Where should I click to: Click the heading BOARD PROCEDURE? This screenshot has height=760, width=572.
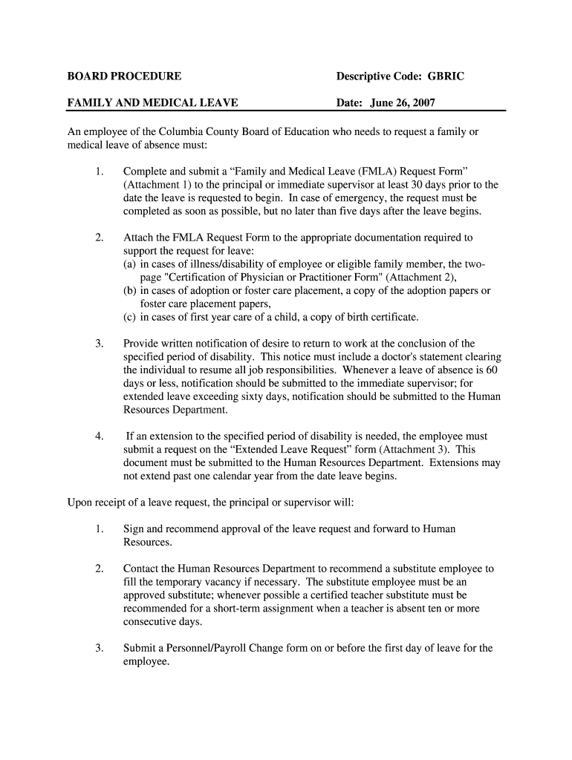point(124,76)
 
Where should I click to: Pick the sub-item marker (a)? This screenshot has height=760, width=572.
point(130,265)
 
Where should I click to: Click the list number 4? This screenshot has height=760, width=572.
point(99,436)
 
